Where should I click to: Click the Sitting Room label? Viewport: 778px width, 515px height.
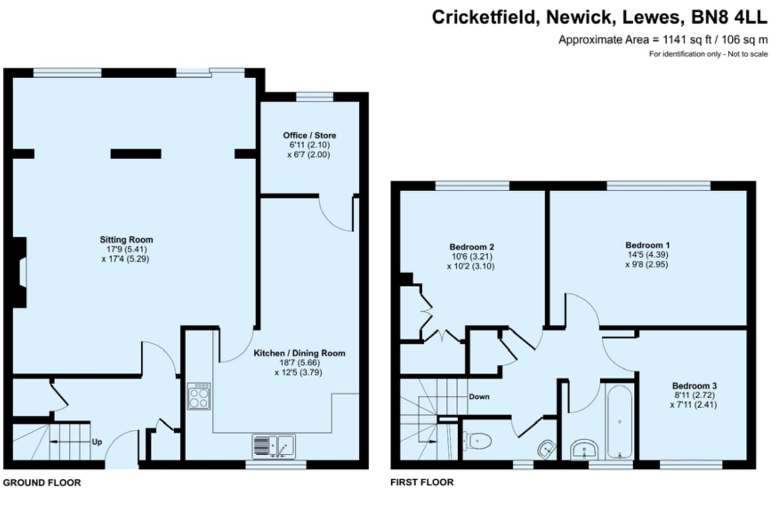126,240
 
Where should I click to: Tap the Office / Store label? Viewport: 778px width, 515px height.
309,135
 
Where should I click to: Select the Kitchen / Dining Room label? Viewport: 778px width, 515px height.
299,353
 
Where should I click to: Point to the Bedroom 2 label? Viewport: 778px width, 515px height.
471,247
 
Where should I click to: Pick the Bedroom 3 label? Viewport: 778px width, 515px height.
694,386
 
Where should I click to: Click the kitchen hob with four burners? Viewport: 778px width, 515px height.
199,396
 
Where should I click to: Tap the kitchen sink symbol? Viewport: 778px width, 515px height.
274,446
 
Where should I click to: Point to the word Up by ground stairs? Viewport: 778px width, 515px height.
97,442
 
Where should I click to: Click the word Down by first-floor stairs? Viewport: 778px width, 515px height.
479,397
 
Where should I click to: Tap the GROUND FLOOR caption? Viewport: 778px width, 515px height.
42,483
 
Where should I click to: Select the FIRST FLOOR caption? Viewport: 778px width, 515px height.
422,483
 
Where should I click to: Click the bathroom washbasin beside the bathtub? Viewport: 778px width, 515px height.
585,450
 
